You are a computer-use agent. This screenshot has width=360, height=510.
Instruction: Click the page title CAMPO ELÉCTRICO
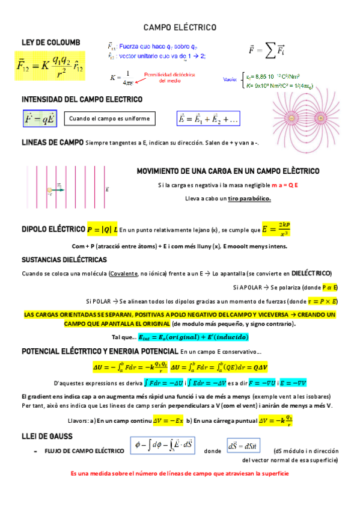click(180, 28)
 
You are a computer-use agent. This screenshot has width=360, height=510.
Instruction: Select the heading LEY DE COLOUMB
click(50, 41)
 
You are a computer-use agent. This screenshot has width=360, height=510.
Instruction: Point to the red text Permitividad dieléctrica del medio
click(160, 78)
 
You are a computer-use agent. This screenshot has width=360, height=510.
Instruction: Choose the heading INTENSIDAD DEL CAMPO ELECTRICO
click(82, 99)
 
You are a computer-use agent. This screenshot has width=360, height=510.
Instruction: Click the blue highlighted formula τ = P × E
click(322, 301)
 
